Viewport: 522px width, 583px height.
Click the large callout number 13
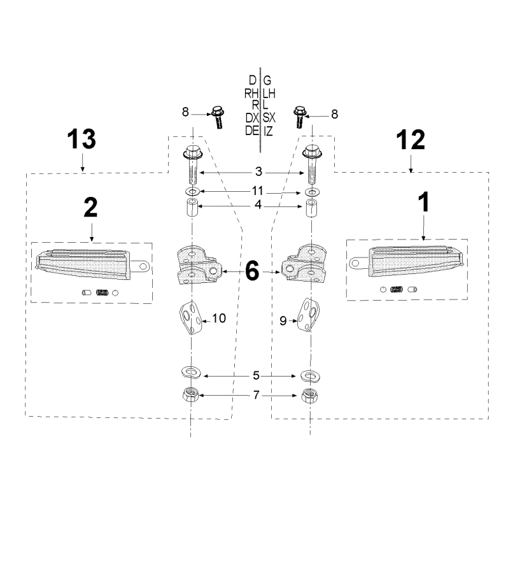click(x=81, y=139)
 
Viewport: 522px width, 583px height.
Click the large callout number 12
click(x=410, y=140)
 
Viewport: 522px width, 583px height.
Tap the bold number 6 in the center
click(x=252, y=271)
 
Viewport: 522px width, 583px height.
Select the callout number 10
click(x=219, y=319)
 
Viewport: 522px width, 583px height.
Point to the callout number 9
click(x=283, y=321)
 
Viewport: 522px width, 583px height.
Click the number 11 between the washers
click(x=257, y=191)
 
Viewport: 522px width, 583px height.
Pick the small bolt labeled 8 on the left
click(x=217, y=117)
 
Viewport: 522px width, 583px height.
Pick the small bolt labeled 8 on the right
click(x=300, y=117)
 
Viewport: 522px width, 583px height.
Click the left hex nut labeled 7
click(x=190, y=394)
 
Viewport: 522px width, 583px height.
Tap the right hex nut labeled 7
click(x=310, y=396)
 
